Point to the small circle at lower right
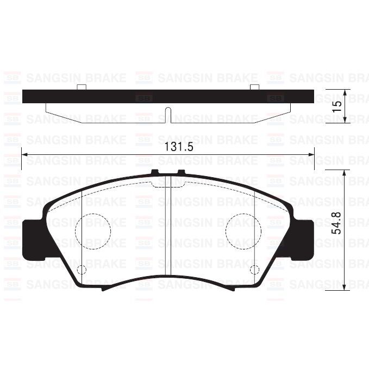tap(253, 270)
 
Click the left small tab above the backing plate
tap(82, 87)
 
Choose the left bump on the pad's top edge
tap(154, 173)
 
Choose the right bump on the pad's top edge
tap(181, 173)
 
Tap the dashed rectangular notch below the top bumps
tap(167, 185)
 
